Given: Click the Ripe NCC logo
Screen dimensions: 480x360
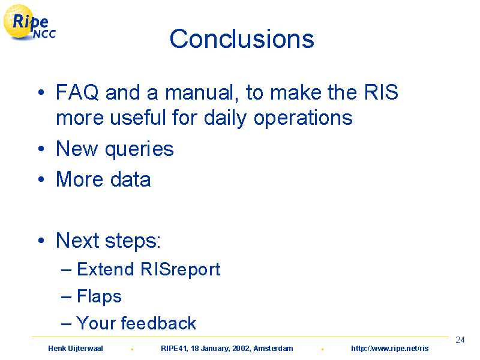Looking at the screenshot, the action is [29, 23].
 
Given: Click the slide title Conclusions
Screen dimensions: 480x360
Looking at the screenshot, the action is [242, 39].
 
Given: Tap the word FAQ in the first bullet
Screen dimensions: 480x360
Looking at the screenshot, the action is [77, 92].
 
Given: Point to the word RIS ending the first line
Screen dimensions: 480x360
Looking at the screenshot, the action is [381, 92].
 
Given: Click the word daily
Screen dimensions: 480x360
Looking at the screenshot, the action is [226, 118].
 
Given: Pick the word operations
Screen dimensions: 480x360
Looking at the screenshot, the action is [303, 118].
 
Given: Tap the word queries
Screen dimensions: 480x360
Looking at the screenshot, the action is [139, 149].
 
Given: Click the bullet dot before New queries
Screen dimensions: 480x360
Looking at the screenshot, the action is [41, 149].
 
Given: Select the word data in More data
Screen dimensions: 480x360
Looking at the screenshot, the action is [130, 179].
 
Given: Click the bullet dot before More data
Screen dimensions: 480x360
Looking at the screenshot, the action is [41, 179].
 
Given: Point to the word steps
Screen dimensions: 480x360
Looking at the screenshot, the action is [133, 241].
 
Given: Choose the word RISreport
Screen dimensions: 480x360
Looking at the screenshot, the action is [181, 269].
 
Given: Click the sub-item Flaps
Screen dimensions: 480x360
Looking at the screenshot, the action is [99, 296].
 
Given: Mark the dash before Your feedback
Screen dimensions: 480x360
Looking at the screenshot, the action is [66, 324].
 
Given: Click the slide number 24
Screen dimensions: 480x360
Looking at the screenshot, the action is [460, 340].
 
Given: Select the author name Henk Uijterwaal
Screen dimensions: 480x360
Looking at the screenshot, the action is [76, 349].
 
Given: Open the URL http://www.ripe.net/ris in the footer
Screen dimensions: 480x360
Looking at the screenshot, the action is [389, 349].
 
